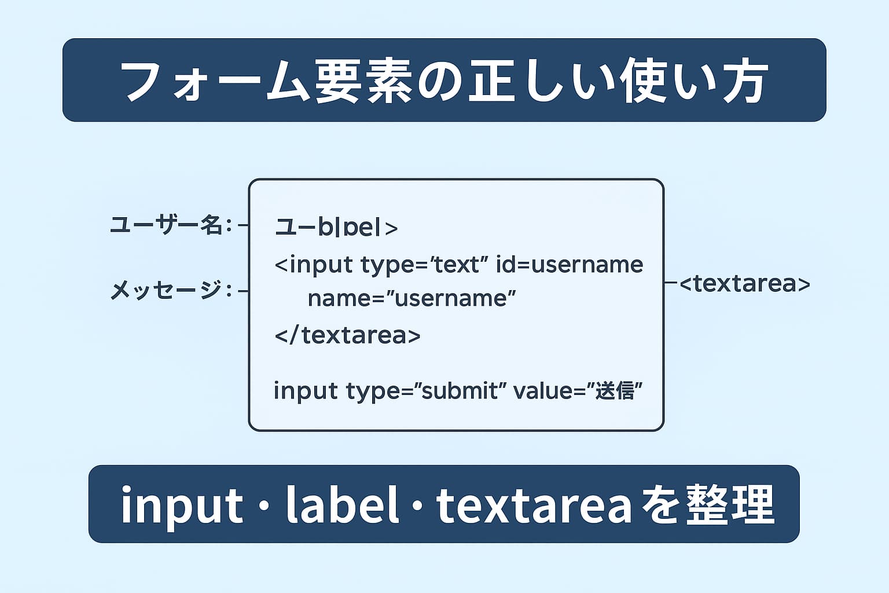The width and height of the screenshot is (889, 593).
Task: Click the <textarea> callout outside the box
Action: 744,284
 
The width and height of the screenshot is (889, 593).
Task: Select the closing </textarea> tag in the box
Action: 347,335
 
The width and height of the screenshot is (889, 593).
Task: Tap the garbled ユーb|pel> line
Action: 336,227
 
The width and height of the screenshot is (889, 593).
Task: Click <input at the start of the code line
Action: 313,265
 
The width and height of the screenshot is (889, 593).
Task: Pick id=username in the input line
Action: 570,265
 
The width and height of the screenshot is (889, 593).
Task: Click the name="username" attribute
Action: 411,299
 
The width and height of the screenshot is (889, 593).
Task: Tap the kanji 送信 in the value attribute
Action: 614,391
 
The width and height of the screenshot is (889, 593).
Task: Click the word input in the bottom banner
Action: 181,505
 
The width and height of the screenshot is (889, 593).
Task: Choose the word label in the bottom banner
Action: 342,505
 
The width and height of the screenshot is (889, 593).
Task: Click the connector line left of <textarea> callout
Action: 671,283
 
